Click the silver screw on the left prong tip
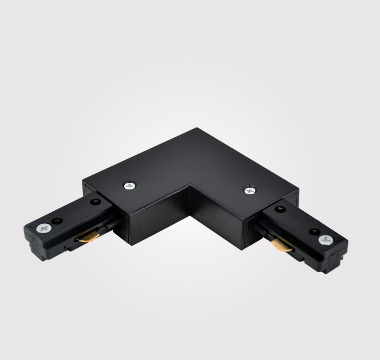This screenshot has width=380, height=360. click(44, 228)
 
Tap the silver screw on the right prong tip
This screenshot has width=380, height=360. click(325, 240)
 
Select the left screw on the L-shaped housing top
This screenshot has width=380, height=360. click(130, 185)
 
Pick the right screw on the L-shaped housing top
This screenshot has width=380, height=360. click(249, 190)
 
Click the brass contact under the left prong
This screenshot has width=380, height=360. click(89, 236)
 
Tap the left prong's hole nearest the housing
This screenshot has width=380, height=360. click(95, 202)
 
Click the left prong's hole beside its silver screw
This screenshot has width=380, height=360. click(57, 221)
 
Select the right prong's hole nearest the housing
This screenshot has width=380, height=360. click(279, 209)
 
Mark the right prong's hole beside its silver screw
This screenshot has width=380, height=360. click(314, 231)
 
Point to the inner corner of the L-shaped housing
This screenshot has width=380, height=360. click(190, 186)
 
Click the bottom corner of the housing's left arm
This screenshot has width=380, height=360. click(130, 243)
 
